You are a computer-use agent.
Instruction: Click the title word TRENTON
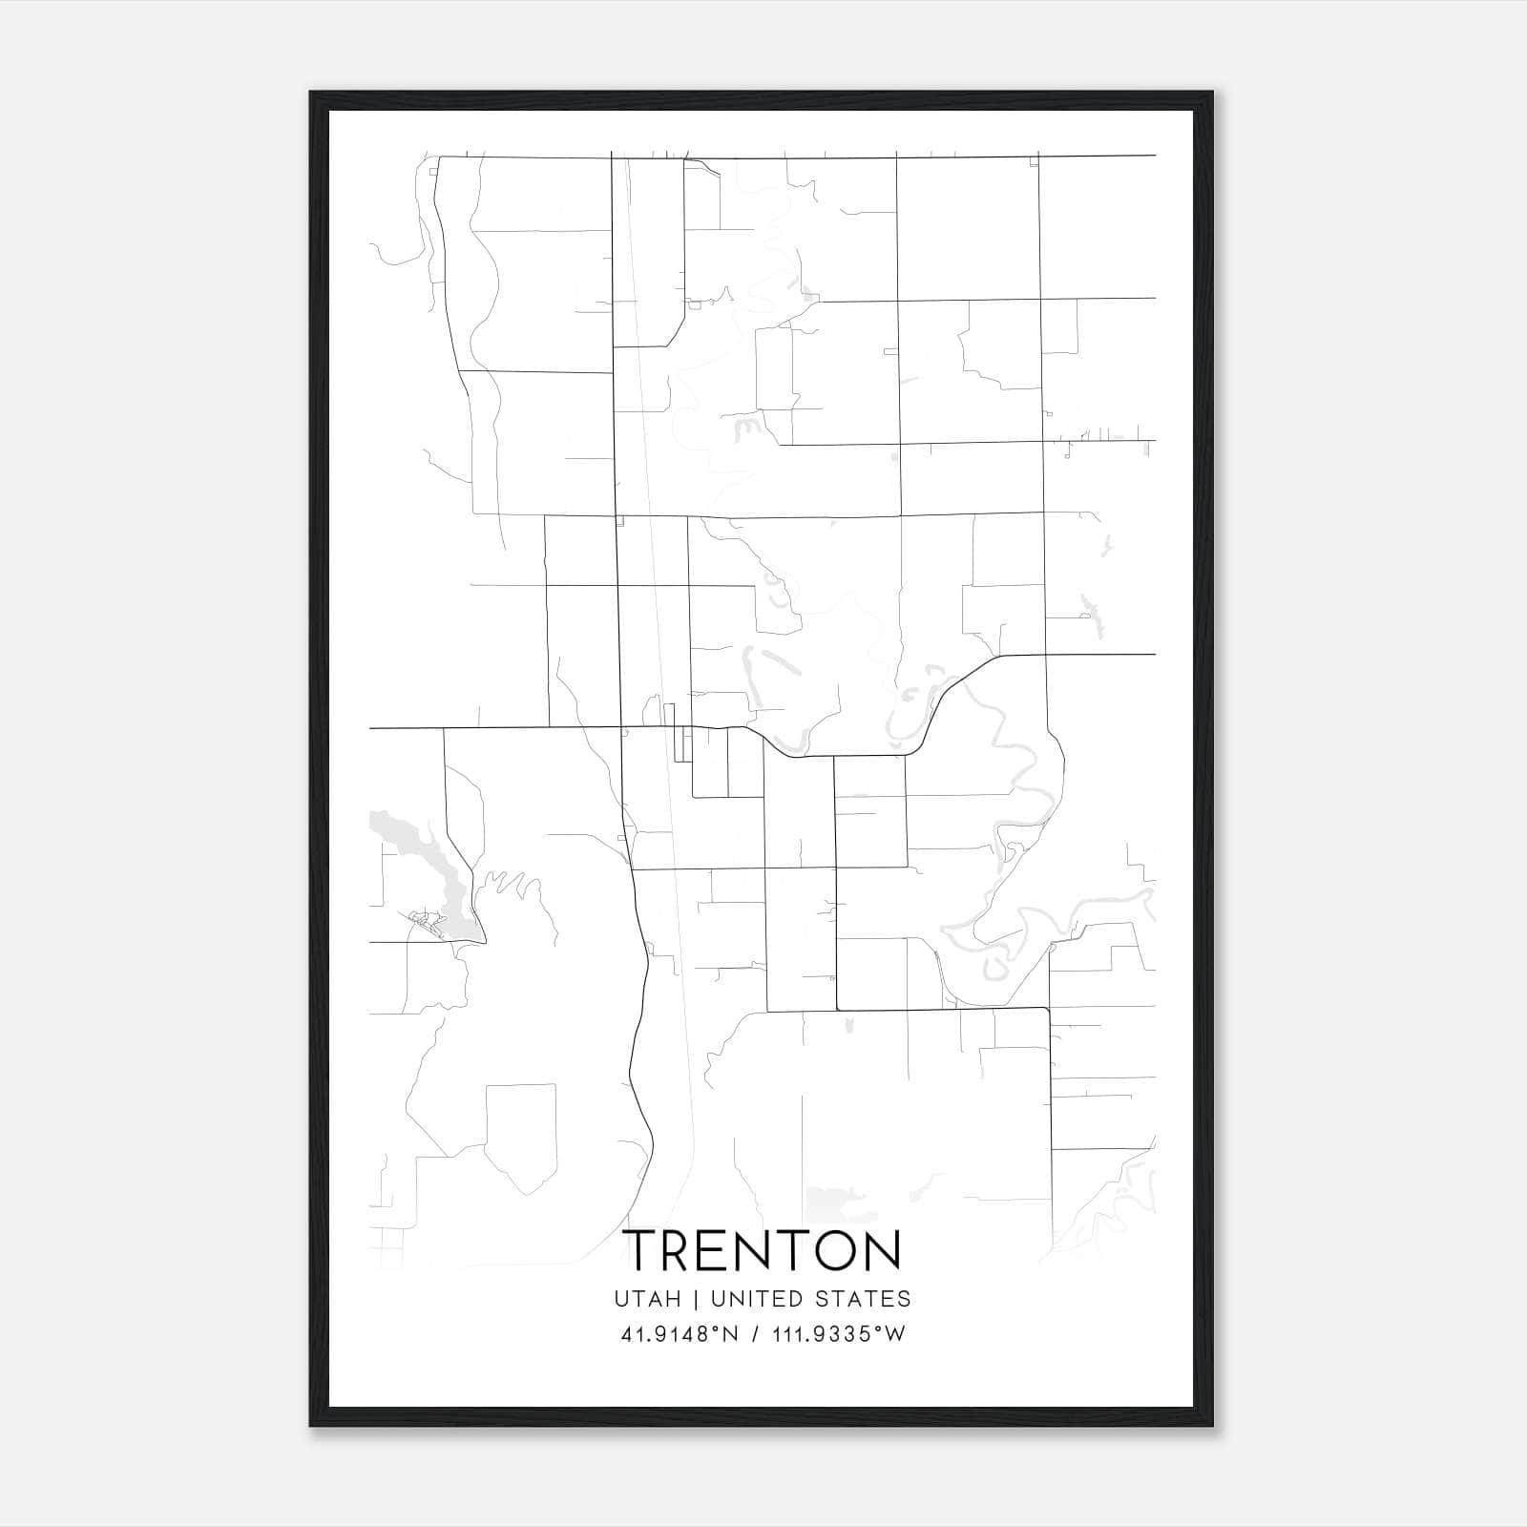tap(763, 1250)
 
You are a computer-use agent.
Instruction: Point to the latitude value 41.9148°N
tap(680, 1334)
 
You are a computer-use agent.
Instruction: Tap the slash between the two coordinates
tap(756, 1334)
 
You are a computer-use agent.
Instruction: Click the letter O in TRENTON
tap(833, 1250)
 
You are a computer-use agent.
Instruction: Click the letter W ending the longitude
tap(895, 1334)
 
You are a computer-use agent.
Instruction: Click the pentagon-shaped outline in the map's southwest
tap(520, 1132)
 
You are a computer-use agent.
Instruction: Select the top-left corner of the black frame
tap(312, 94)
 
